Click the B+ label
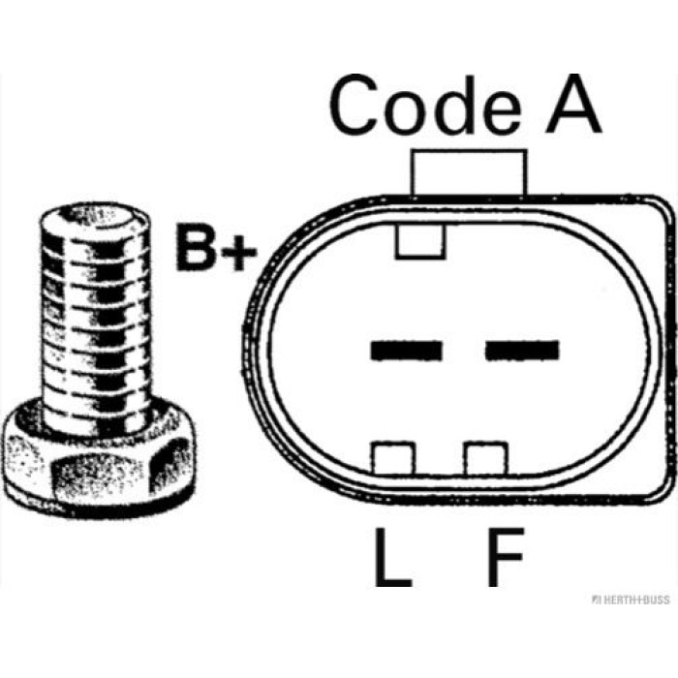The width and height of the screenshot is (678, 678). click(x=216, y=247)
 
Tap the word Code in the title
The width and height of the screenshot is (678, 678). click(x=425, y=105)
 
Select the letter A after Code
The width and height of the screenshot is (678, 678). click(x=573, y=104)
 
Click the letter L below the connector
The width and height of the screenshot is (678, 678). click(x=392, y=557)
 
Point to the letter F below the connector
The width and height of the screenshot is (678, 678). click(x=506, y=557)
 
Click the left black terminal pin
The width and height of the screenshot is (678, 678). click(x=407, y=351)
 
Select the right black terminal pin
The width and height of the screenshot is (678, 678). click(x=522, y=351)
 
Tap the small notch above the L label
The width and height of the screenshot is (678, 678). click(x=393, y=458)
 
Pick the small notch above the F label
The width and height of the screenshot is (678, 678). click(x=486, y=458)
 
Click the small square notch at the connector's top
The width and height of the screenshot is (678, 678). click(x=419, y=242)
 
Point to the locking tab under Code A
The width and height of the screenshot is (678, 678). click(x=469, y=173)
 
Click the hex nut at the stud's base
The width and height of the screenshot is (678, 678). click(x=99, y=463)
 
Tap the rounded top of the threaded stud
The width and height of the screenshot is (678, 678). click(x=95, y=217)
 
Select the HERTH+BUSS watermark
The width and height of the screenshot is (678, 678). click(x=631, y=600)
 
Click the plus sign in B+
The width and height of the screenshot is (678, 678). click(x=239, y=252)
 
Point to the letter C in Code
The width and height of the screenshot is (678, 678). click(x=353, y=105)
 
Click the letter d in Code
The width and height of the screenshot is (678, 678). click(x=455, y=105)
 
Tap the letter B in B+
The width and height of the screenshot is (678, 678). click(x=197, y=247)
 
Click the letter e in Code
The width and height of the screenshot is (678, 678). click(x=502, y=113)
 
